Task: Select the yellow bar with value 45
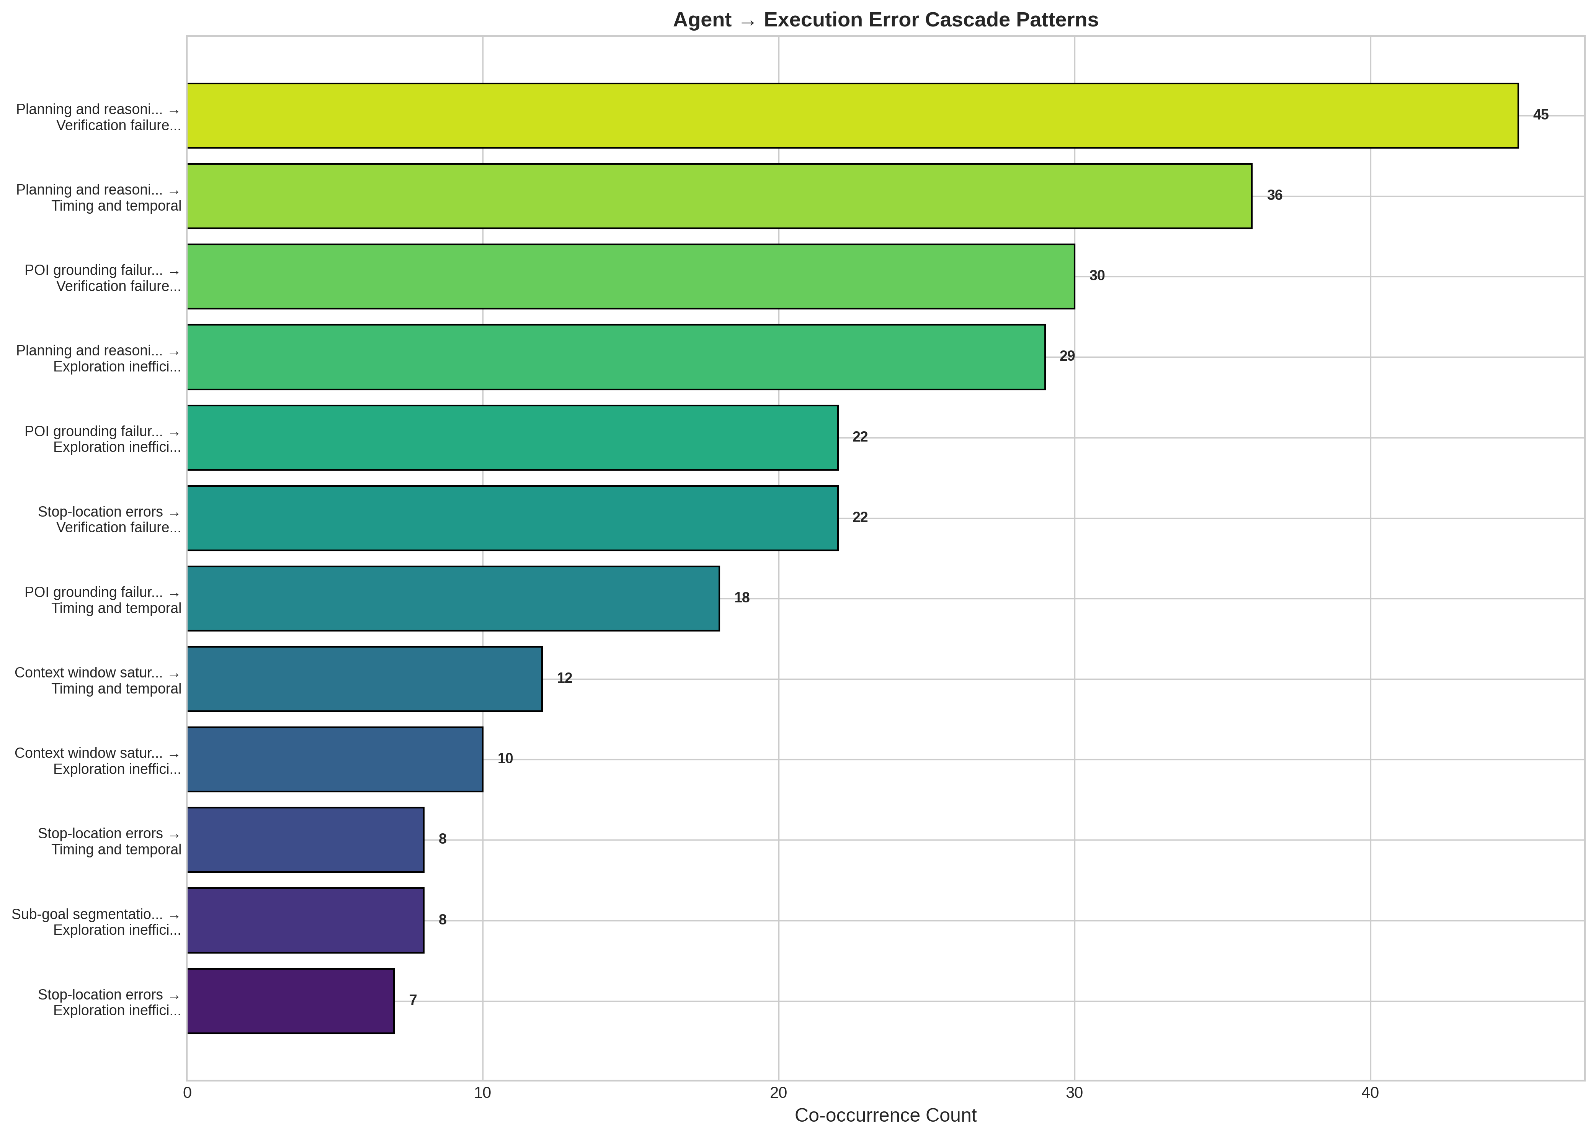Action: (x=852, y=116)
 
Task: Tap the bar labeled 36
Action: (x=719, y=196)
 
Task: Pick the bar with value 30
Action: (x=631, y=276)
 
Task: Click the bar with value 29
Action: (x=616, y=357)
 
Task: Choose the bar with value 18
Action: (x=453, y=599)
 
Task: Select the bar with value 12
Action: (x=364, y=679)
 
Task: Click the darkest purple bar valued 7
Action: (x=290, y=1001)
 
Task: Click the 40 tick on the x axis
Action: (x=1370, y=1093)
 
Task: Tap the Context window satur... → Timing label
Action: (x=98, y=681)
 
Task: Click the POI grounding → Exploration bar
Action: (x=512, y=438)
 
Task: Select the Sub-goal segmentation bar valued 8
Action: (x=305, y=921)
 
